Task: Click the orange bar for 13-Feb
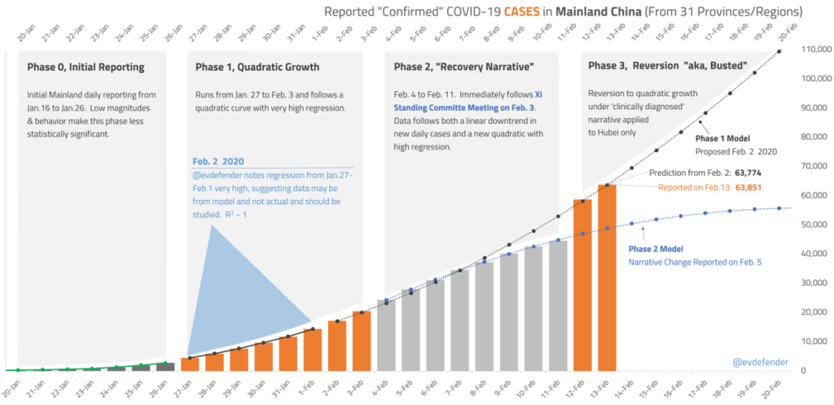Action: coord(607,277)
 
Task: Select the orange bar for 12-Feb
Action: coord(582,285)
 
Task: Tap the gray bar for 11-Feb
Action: coord(558,305)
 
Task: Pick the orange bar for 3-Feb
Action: coord(362,341)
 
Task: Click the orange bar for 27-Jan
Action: coord(189,364)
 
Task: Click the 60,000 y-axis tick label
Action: coord(817,196)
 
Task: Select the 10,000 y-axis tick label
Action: coord(817,342)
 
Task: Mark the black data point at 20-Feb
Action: coord(779,51)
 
